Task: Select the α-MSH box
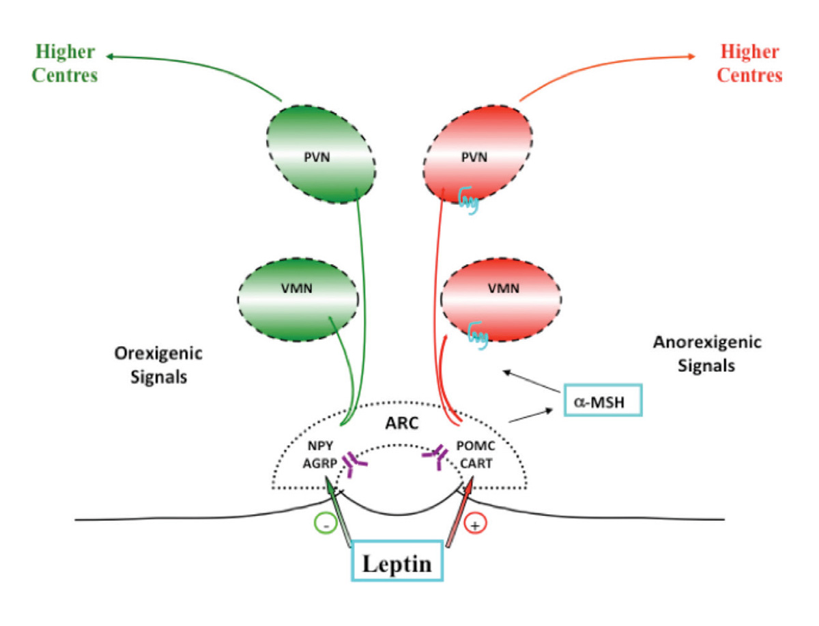tap(604, 400)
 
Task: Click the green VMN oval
tap(298, 289)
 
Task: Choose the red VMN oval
tap(502, 289)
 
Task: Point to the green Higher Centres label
tap(66, 63)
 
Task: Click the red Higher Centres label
tap(749, 63)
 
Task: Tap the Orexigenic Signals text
tap(158, 365)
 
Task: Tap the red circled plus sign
tap(475, 526)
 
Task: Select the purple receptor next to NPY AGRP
tap(354, 462)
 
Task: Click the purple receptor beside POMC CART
tap(434, 456)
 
